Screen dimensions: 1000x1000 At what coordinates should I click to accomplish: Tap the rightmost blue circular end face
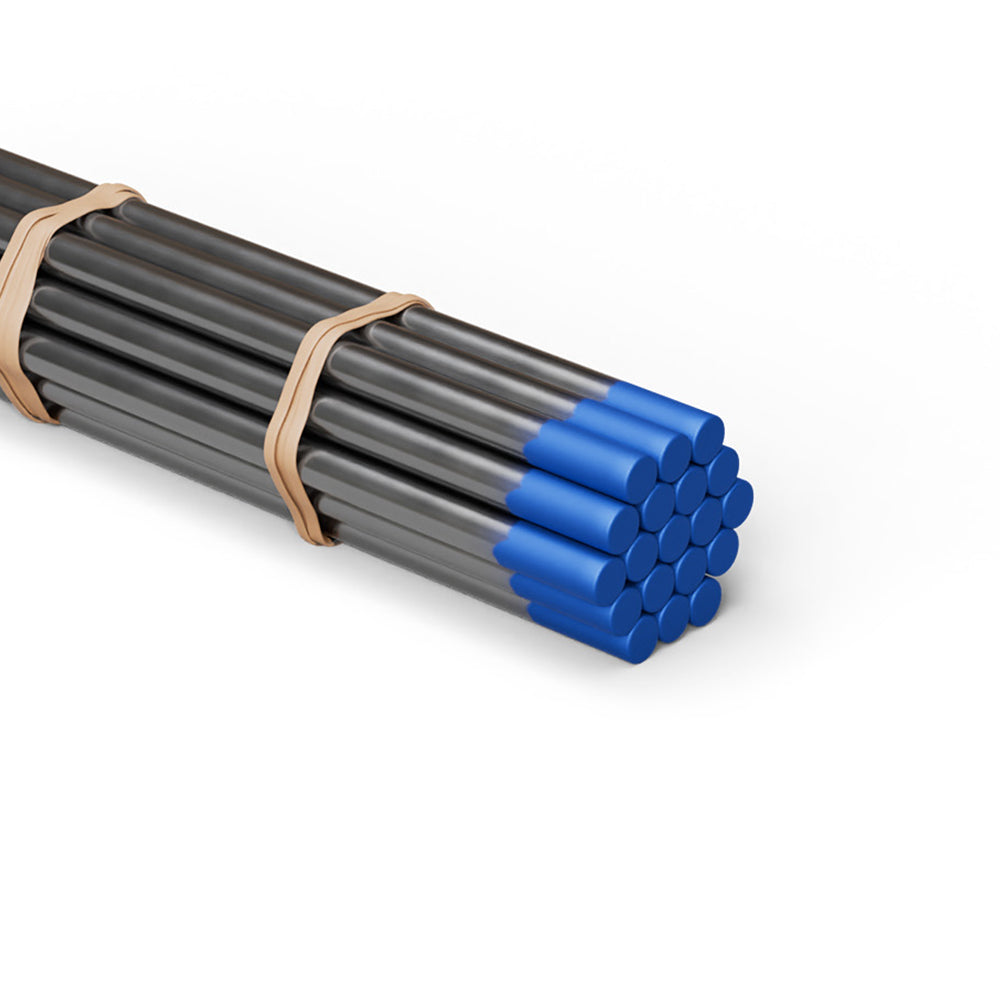click(x=738, y=502)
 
